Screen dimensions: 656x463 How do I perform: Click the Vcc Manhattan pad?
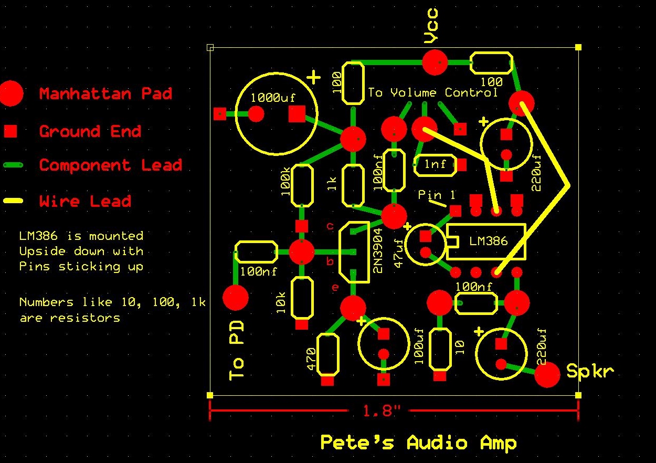[435, 62]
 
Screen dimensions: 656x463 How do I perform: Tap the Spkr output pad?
[547, 374]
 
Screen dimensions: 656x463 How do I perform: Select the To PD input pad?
[236, 298]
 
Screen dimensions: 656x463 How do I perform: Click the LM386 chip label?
[488, 241]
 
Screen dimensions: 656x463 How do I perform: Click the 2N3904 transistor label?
[377, 254]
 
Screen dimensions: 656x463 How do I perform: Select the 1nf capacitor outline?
[435, 165]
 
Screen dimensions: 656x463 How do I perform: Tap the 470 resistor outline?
[327, 353]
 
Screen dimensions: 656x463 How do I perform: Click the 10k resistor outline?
[302, 297]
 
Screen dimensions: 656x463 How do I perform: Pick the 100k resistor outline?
[302, 185]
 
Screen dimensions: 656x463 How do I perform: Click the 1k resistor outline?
[353, 185]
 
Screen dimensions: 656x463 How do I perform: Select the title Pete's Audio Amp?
[418, 443]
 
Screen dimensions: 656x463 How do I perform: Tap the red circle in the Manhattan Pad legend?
[11, 93]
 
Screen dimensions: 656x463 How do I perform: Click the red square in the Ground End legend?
[10, 131]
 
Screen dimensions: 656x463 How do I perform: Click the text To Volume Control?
[432, 93]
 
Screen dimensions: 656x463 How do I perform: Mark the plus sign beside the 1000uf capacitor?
[313, 78]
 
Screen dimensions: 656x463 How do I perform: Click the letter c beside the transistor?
[330, 226]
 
